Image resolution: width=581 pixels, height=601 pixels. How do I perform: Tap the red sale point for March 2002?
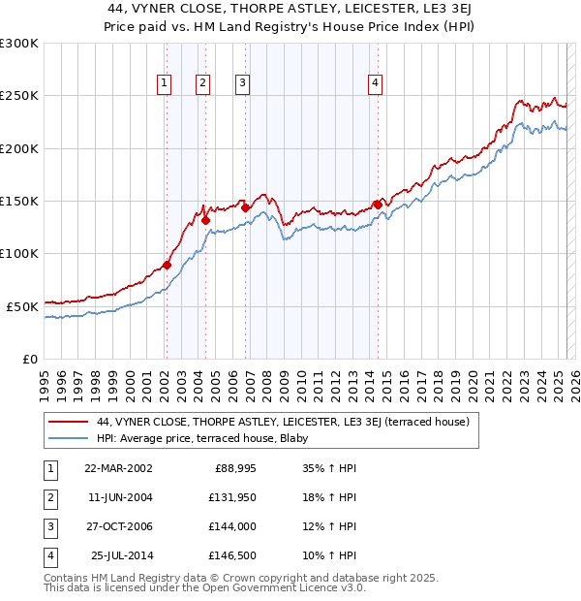pos(167,265)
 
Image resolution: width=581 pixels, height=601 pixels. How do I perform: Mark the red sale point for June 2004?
pos(205,220)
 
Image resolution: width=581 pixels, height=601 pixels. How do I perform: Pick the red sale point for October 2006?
pos(246,207)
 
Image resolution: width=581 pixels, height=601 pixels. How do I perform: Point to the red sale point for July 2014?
pos(377,205)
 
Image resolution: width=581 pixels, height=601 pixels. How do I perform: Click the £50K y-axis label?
pos(21,305)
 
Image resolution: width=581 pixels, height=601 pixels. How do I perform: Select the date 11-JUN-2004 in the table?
pos(115,496)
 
